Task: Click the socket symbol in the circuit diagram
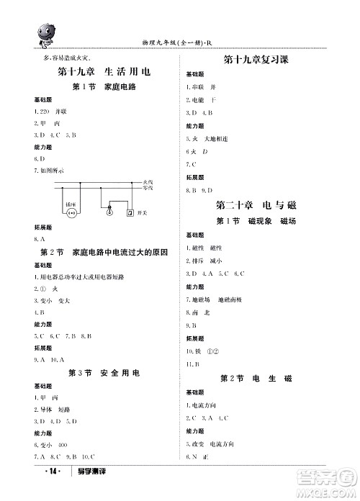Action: click(x=71, y=214)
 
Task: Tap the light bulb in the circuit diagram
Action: click(x=109, y=212)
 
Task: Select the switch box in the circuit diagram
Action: click(x=130, y=213)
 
